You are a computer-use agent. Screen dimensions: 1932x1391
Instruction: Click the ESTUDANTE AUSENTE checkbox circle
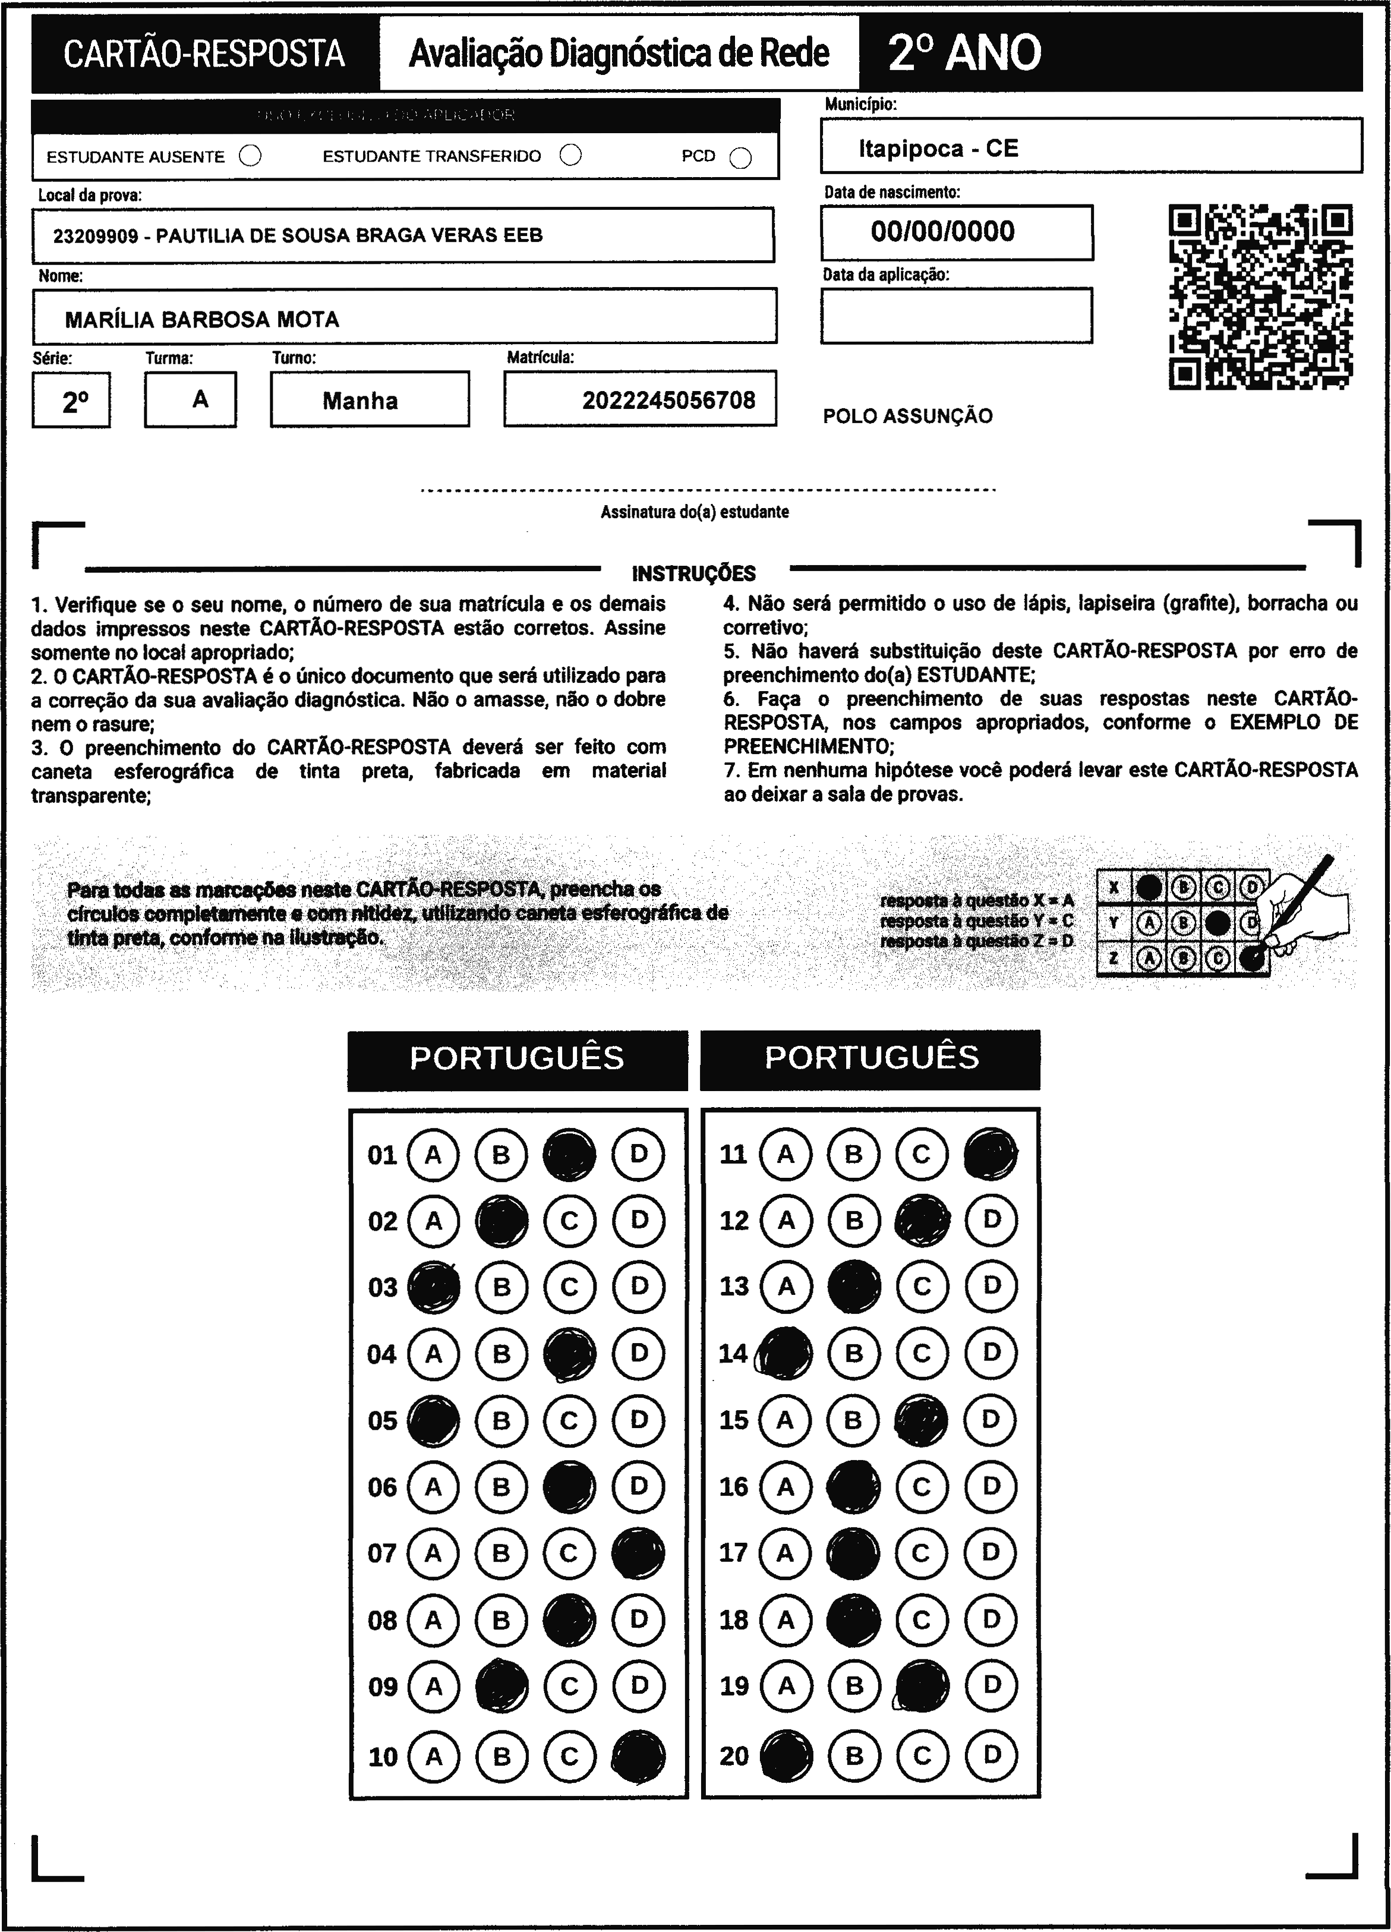250,156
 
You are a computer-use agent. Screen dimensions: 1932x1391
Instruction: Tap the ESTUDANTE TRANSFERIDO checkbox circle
570,155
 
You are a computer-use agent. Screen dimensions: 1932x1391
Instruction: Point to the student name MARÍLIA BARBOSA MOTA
202,320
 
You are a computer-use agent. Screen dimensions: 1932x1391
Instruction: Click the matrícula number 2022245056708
668,401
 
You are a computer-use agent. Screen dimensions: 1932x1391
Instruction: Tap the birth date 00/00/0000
942,232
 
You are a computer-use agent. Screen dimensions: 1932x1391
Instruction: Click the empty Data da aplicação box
955,315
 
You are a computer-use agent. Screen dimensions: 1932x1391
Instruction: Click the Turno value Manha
359,401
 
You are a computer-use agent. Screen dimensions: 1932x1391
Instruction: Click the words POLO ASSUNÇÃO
907,417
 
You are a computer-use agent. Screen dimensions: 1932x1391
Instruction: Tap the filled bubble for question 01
569,1154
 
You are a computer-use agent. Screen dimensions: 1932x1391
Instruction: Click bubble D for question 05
638,1420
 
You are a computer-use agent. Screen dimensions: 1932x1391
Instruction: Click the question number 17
733,1552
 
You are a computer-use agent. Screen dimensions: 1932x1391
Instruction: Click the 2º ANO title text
964,53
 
